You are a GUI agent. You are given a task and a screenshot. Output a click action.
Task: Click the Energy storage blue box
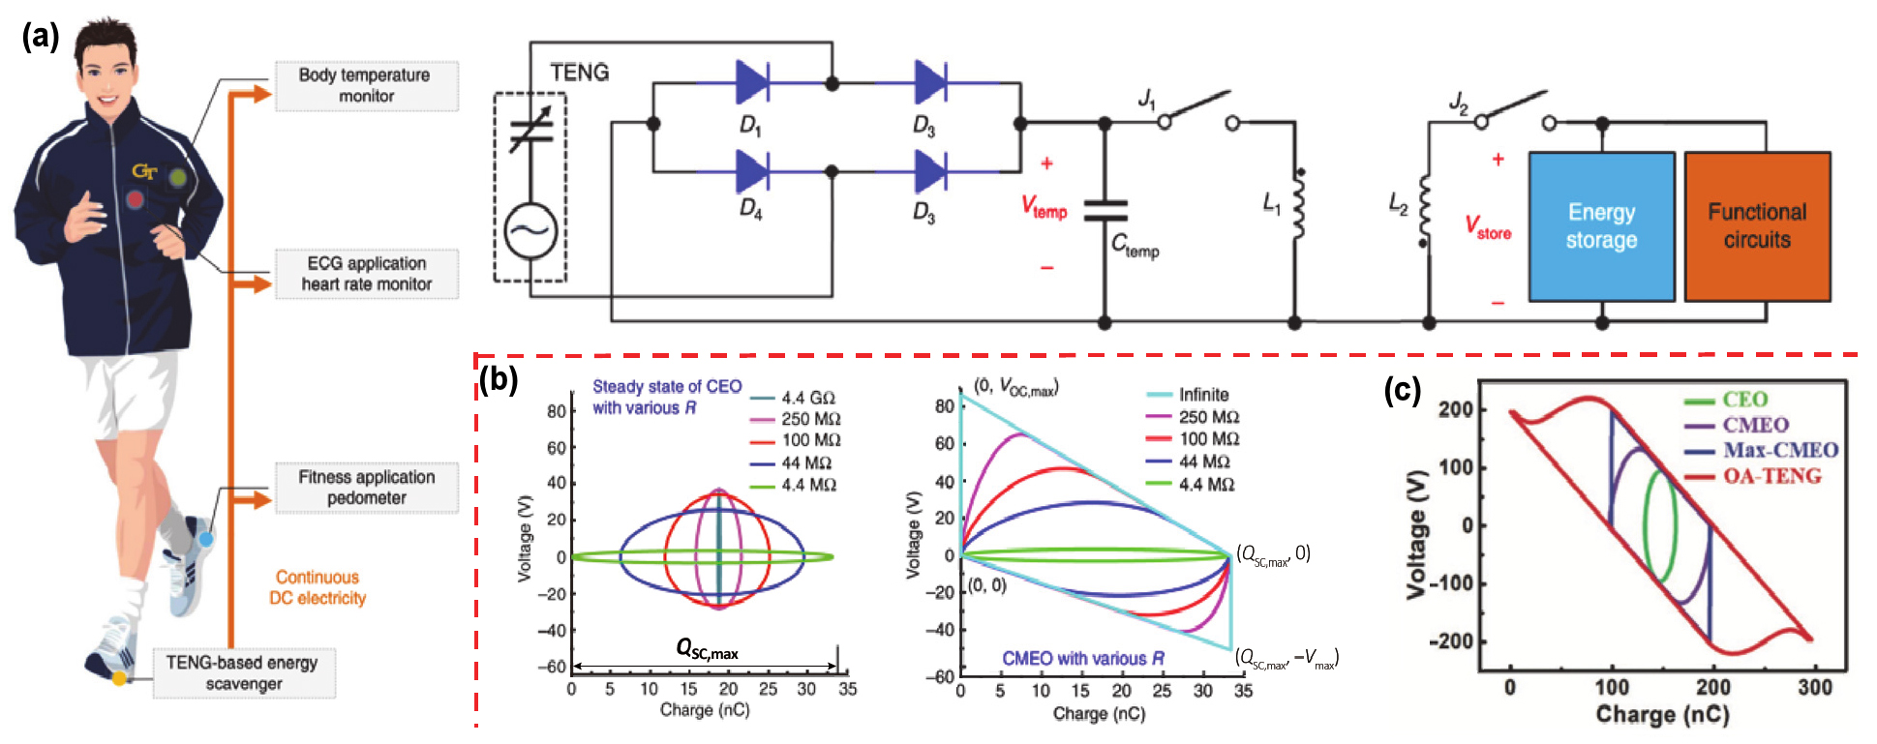click(x=1601, y=226)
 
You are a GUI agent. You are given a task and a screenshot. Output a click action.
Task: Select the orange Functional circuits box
click(x=1757, y=226)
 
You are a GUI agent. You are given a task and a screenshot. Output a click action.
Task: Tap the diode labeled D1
click(x=751, y=82)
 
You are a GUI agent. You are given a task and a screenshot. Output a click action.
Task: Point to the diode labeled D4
click(x=751, y=172)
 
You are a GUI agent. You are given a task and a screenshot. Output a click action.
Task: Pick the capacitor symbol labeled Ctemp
click(x=1105, y=210)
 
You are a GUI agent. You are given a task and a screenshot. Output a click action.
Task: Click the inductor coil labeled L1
click(x=1297, y=202)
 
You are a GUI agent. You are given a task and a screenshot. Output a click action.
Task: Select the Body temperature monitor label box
click(x=366, y=86)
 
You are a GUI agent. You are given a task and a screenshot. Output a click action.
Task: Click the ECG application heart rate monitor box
click(x=366, y=274)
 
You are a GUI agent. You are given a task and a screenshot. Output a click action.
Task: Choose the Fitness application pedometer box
click(x=366, y=488)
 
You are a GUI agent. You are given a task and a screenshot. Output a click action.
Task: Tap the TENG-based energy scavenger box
click(x=243, y=673)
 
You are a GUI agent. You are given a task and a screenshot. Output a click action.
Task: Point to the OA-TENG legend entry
click(x=1771, y=476)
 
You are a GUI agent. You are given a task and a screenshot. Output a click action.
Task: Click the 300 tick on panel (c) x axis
click(x=1814, y=688)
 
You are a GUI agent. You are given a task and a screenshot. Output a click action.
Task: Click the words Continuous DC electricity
click(x=318, y=587)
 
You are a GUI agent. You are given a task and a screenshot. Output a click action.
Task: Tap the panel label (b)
click(x=500, y=379)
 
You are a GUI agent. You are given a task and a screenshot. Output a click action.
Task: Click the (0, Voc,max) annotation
click(x=1016, y=386)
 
